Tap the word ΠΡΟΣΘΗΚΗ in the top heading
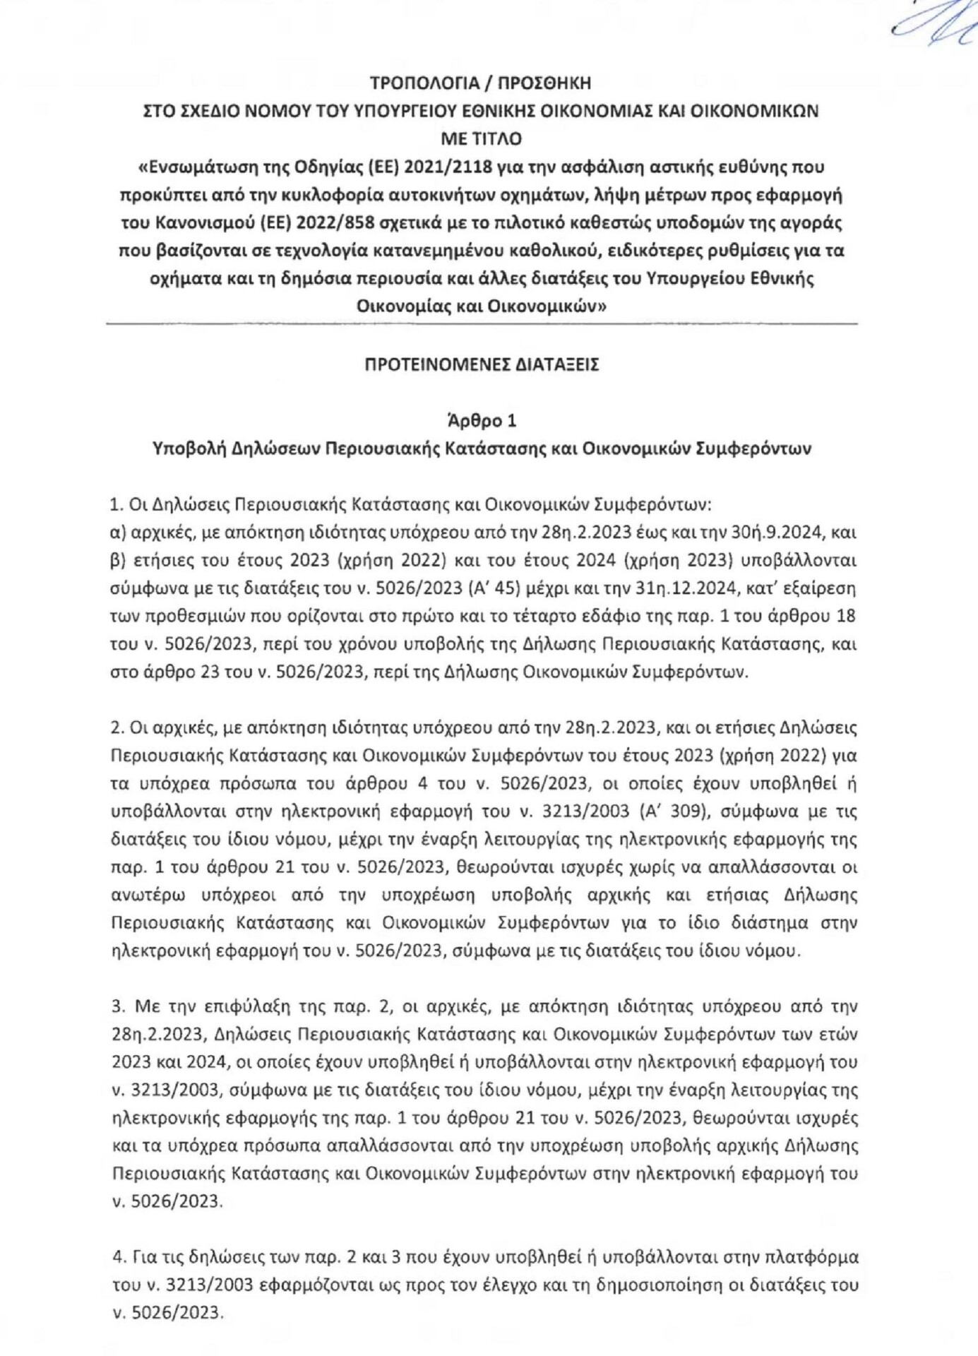[x=544, y=83]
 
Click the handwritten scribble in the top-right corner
[x=932, y=25]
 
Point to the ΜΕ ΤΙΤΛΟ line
[x=481, y=139]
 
